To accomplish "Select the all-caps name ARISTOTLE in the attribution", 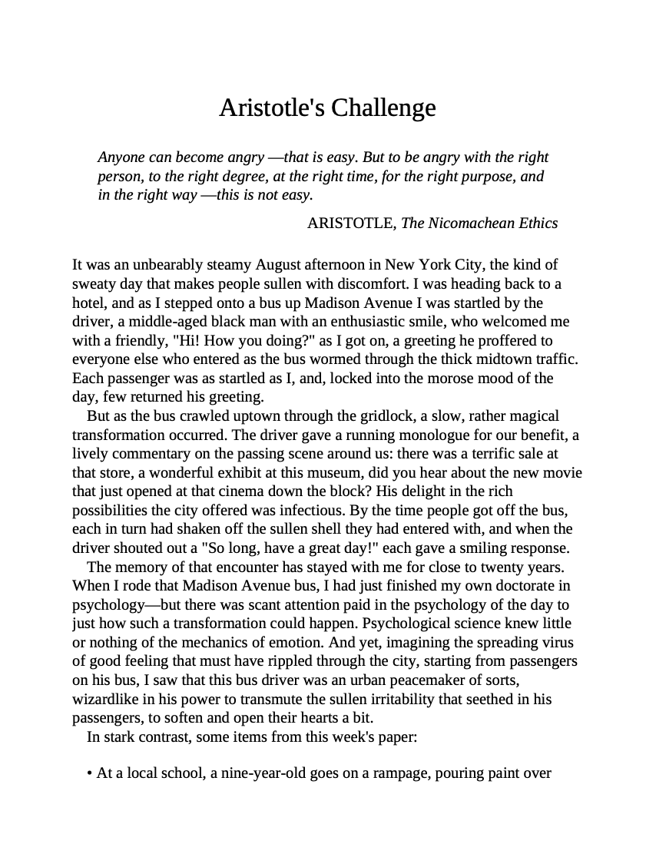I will pyautogui.click(x=351, y=223).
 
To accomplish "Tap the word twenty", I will pyautogui.click(x=505, y=567).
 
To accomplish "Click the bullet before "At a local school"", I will pyautogui.click(x=91, y=774).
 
